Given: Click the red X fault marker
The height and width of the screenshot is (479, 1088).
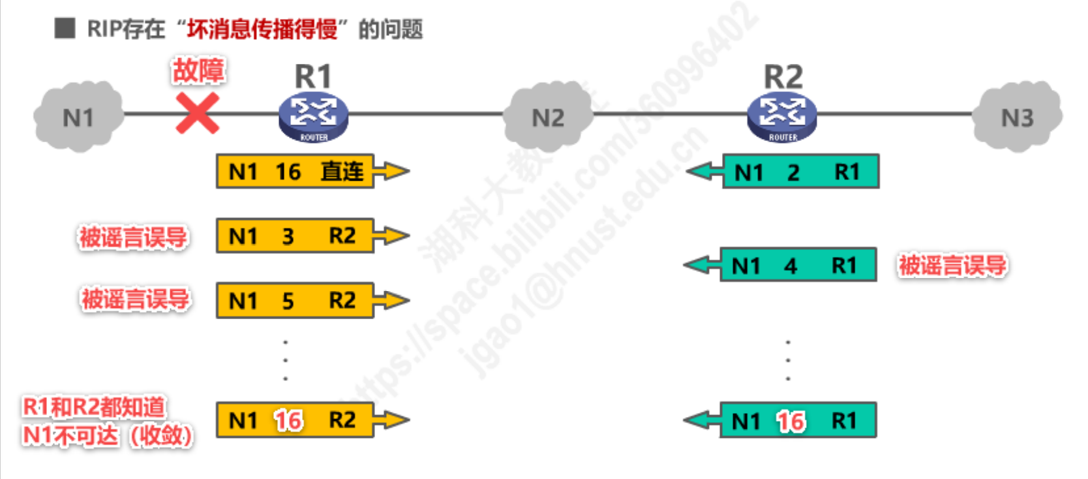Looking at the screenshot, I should [x=198, y=114].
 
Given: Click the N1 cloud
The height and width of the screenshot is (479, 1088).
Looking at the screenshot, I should [x=78, y=117].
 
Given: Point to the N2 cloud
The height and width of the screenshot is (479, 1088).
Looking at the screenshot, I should [x=548, y=117].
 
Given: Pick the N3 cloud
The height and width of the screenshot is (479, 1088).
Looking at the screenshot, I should [x=1017, y=117].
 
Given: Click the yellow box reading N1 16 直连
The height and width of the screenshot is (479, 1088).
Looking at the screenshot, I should [x=295, y=172].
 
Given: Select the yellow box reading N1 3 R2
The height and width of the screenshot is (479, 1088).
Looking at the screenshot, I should [x=295, y=236].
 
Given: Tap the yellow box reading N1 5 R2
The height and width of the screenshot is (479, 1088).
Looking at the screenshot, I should [x=295, y=300].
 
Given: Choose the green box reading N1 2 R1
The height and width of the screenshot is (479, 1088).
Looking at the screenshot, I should [x=800, y=172].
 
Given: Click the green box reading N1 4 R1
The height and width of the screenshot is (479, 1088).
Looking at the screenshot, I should [x=798, y=265].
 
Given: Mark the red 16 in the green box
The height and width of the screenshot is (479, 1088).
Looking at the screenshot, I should [x=791, y=422].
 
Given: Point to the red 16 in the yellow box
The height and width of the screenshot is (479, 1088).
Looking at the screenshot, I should [x=288, y=421].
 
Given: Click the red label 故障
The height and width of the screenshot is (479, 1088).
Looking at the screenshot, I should [x=198, y=70].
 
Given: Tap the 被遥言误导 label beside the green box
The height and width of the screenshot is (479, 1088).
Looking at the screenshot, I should [x=952, y=266].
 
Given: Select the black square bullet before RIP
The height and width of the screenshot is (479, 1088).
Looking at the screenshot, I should [x=65, y=29].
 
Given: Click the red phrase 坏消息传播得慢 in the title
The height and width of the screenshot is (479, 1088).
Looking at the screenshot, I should [x=262, y=29].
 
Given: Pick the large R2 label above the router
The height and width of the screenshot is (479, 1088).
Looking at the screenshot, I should [x=783, y=77].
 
